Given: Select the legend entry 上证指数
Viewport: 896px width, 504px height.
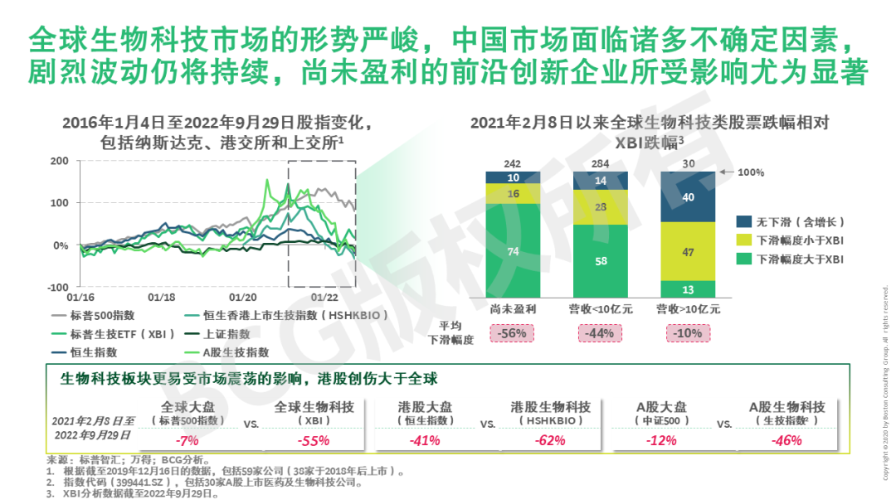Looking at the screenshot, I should tap(227, 334).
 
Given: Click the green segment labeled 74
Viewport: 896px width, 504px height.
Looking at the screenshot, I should tap(513, 252).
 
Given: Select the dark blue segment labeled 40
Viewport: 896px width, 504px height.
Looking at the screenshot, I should tap(688, 197).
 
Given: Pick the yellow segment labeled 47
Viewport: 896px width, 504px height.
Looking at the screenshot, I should tap(688, 251).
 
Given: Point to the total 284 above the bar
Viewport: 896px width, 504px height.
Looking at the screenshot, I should tap(601, 163).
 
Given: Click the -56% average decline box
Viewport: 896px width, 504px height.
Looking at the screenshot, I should tap(513, 333).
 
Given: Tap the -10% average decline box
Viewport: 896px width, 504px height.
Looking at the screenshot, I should tap(688, 333).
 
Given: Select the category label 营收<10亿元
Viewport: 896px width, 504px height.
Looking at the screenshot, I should tap(600, 309).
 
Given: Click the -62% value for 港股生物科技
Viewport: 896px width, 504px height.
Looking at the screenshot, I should tap(551, 440).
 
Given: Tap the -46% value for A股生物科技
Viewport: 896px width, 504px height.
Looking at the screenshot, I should tap(786, 440).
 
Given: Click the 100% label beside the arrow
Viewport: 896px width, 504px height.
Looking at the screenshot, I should tap(751, 172).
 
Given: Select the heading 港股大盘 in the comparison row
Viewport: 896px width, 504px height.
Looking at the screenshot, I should tap(426, 407).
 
